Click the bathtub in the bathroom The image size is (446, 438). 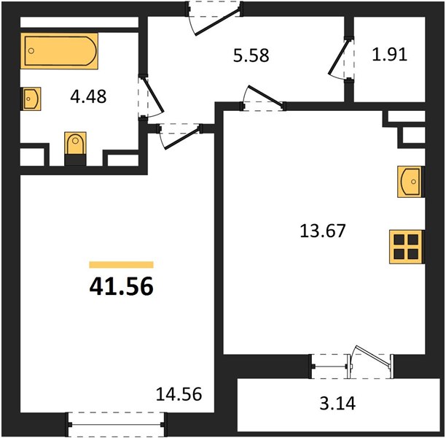59,51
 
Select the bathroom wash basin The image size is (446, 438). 31,99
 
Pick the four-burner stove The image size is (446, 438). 407,247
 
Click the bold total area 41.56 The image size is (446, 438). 122,287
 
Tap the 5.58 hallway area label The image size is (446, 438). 251,55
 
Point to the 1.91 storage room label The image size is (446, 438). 390,55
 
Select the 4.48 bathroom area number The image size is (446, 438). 88,96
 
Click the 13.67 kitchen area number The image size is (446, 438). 323,231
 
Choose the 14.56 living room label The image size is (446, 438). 179,394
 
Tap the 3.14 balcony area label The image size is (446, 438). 337,404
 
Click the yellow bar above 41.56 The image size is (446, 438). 122,265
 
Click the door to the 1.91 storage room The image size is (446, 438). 338,57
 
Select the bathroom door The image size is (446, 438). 153,95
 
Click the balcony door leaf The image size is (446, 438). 372,356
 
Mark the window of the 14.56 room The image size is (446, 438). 116,424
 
